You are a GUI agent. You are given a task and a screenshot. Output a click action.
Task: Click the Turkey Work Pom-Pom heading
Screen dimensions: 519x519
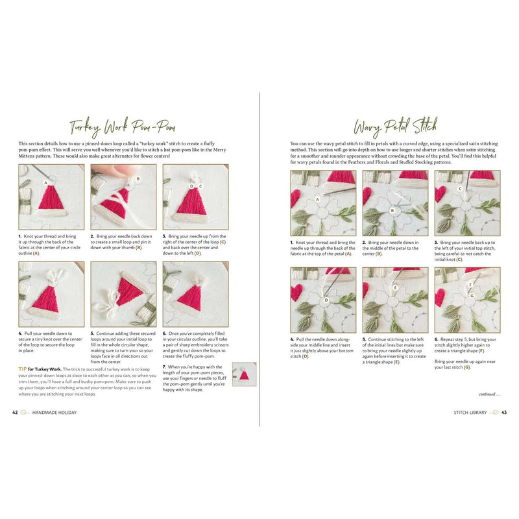[x=123, y=125]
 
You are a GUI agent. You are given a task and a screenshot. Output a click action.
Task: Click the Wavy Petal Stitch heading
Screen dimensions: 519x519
[x=395, y=125]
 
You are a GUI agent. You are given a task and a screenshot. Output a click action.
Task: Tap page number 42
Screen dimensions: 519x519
[x=15, y=412]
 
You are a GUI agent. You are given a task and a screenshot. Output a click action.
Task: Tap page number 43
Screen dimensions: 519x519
[x=503, y=412]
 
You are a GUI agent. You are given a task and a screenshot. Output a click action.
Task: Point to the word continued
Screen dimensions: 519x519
[x=488, y=394]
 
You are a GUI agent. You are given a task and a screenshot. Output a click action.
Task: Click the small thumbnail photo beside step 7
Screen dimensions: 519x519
[x=245, y=374]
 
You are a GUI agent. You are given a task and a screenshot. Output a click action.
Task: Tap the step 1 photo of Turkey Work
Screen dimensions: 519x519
[x=51, y=197]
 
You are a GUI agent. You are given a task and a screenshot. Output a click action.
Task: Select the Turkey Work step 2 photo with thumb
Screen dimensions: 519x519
[x=123, y=197]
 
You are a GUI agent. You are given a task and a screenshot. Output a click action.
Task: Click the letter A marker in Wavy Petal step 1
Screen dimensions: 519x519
[x=318, y=200]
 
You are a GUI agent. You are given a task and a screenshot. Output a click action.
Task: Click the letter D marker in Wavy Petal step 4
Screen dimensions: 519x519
[x=326, y=300]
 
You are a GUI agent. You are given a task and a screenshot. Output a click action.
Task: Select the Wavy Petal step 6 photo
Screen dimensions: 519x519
[x=467, y=300]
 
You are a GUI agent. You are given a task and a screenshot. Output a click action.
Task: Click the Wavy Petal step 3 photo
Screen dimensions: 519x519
[x=467, y=203]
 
